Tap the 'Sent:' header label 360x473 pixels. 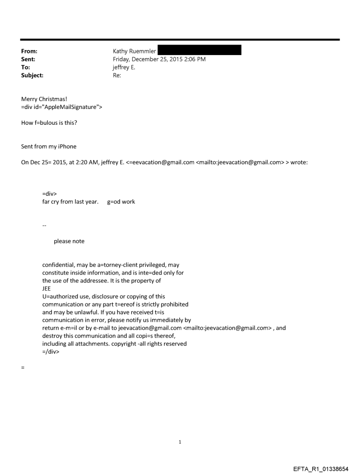click(28, 59)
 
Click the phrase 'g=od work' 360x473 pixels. click(121, 202)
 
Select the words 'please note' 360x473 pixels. click(69, 241)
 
